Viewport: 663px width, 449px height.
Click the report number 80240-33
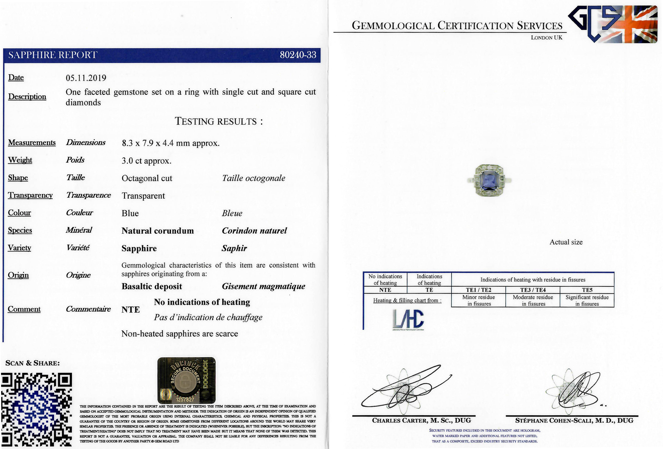point(298,55)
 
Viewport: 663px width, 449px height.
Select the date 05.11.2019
point(86,78)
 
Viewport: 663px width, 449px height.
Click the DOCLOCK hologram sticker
point(186,380)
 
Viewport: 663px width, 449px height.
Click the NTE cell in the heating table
point(385,290)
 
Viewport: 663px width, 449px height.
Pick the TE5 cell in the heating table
point(587,290)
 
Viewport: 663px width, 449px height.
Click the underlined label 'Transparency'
point(30,195)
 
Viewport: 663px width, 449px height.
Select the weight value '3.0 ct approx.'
point(146,161)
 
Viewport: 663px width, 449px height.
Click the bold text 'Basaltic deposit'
point(152,286)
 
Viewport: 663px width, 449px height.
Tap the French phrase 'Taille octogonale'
point(253,178)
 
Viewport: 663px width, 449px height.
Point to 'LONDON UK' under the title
point(546,38)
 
